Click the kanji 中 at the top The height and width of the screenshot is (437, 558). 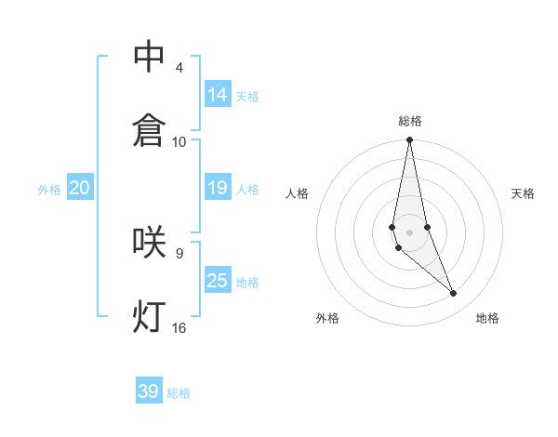[149, 57]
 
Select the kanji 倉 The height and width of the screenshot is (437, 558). [149, 129]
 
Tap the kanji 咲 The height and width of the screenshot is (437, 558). [149, 242]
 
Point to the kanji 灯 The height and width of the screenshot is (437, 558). [149, 316]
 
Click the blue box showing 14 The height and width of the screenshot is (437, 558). [218, 94]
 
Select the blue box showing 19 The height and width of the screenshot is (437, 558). [218, 188]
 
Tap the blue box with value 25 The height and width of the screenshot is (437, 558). [218, 280]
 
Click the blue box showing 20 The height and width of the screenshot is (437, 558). [80, 188]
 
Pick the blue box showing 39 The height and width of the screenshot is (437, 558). [149, 391]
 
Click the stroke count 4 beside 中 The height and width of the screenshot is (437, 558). [179, 68]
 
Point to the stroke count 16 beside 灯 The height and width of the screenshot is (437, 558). [179, 327]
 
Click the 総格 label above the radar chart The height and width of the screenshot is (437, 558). [410, 121]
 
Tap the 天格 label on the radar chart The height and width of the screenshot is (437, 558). [524, 193]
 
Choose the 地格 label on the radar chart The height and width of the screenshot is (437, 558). [487, 318]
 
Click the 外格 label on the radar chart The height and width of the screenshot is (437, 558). [327, 318]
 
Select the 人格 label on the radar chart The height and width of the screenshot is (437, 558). [298, 193]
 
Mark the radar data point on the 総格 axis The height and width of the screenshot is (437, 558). [409, 140]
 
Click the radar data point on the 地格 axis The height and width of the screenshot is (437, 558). [454, 294]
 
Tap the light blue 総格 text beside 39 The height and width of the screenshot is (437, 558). [179, 393]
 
